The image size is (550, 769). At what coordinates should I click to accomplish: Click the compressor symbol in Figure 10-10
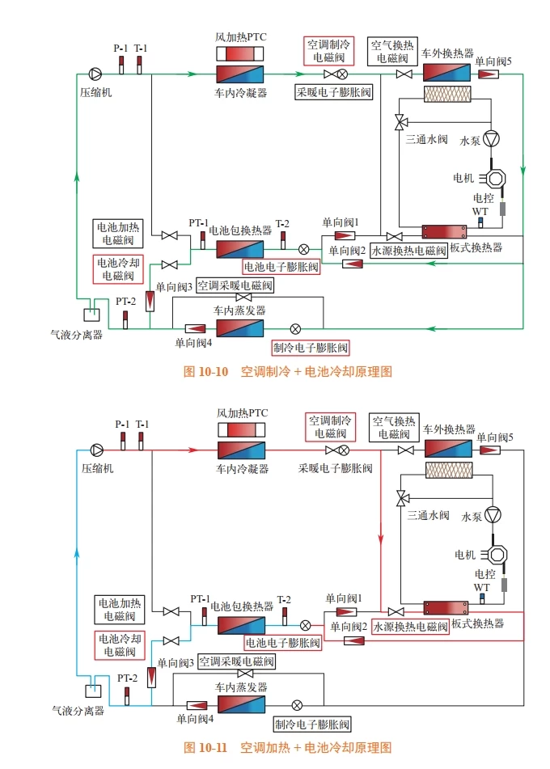[96, 74]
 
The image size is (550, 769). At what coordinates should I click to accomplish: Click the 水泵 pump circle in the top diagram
[492, 139]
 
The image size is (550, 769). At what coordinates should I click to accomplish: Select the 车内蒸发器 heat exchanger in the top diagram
[239, 328]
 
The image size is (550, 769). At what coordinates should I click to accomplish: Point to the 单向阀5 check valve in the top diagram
[489, 75]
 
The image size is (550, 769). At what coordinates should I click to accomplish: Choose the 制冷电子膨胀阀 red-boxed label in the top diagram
[310, 348]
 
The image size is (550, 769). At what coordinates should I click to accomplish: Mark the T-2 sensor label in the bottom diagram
[284, 599]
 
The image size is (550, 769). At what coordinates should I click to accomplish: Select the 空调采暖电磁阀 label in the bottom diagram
[236, 661]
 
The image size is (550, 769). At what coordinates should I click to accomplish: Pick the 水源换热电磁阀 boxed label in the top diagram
[408, 251]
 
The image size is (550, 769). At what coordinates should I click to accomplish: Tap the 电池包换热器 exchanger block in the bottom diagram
[240, 625]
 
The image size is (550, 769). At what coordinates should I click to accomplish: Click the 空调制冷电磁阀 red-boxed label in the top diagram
[328, 50]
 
